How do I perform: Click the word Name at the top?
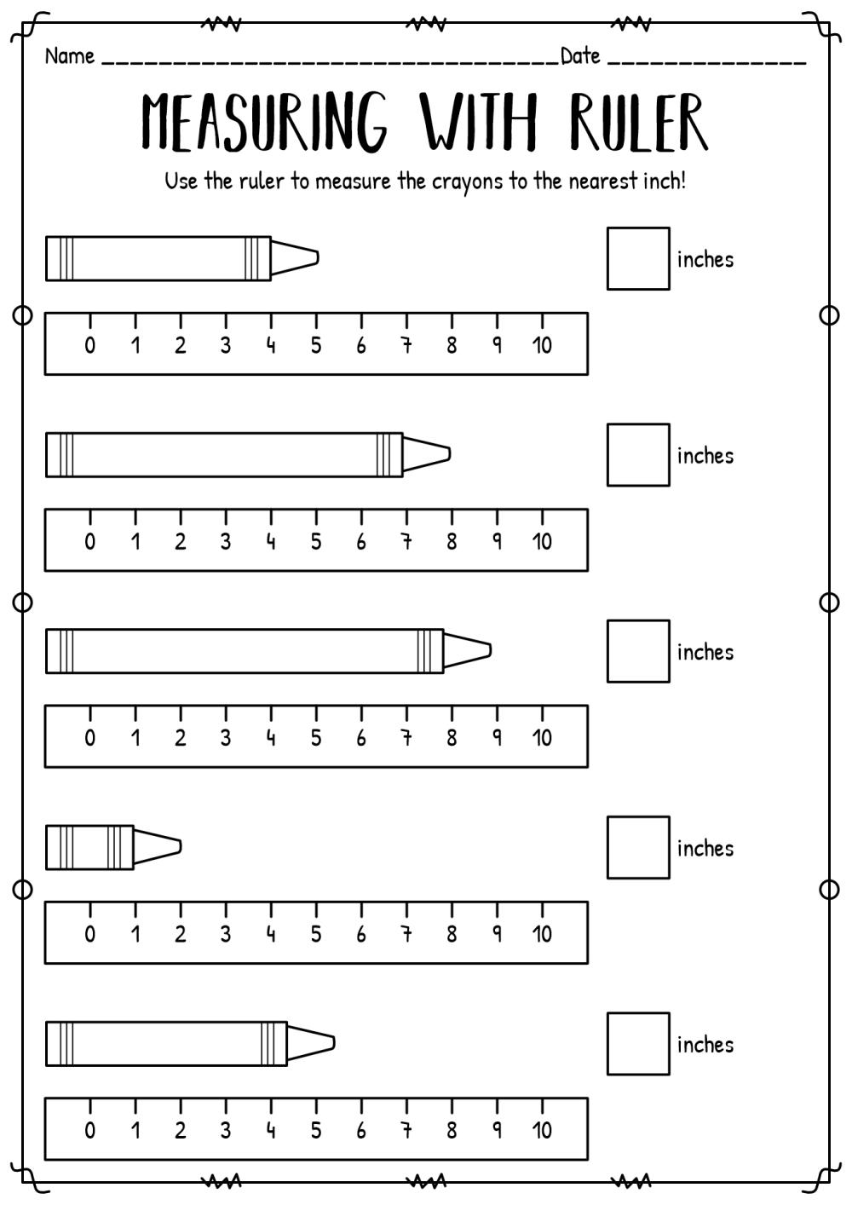click(x=69, y=56)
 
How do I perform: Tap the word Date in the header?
click(x=580, y=56)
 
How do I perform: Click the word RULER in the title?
click(x=638, y=122)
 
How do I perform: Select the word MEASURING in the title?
click(x=264, y=122)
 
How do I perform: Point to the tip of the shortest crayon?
click(x=181, y=847)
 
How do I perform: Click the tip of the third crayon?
click(x=491, y=650)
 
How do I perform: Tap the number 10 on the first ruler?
click(x=542, y=345)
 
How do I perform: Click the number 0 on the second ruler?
click(x=89, y=542)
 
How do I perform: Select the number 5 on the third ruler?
click(x=316, y=738)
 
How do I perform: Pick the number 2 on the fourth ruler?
click(x=180, y=934)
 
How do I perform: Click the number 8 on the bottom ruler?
click(x=452, y=1131)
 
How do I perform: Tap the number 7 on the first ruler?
click(x=406, y=345)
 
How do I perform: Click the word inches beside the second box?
click(x=705, y=456)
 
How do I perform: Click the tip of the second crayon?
click(x=450, y=454)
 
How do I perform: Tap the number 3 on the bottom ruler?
click(x=226, y=1131)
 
